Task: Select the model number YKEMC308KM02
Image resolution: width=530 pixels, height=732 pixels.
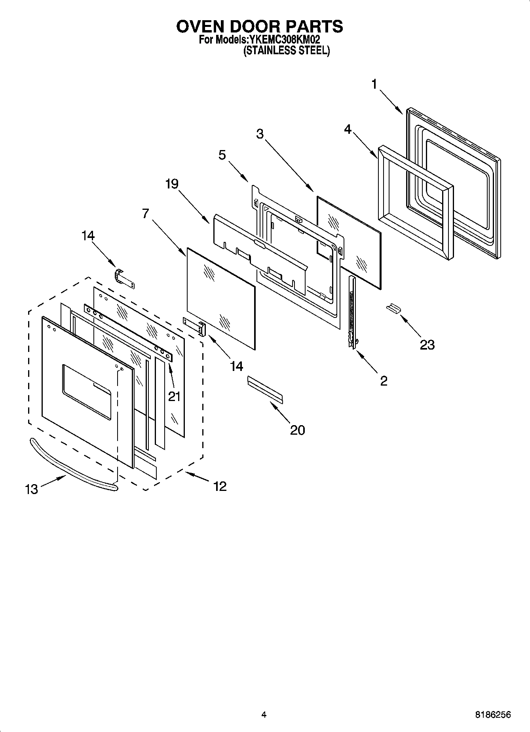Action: click(x=284, y=40)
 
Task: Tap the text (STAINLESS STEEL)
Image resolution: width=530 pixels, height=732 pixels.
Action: click(x=286, y=51)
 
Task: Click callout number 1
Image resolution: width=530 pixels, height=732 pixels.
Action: click(x=374, y=84)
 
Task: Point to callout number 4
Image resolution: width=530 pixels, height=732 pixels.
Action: click(x=347, y=129)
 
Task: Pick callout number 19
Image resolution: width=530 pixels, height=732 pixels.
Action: click(x=172, y=184)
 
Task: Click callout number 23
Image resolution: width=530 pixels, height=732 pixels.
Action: click(x=427, y=345)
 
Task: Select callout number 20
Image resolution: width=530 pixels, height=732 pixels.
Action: click(x=297, y=430)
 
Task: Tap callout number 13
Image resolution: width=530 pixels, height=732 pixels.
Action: click(x=31, y=489)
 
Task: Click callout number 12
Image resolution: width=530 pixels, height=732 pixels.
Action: click(x=220, y=486)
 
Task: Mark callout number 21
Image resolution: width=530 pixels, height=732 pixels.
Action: click(x=174, y=396)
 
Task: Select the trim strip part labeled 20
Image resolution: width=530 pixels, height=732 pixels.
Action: click(x=265, y=390)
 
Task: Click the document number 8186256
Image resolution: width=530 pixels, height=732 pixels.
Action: click(x=493, y=715)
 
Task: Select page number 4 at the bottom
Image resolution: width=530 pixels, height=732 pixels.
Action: click(x=264, y=715)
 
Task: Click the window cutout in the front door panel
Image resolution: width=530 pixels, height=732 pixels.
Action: click(x=87, y=390)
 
